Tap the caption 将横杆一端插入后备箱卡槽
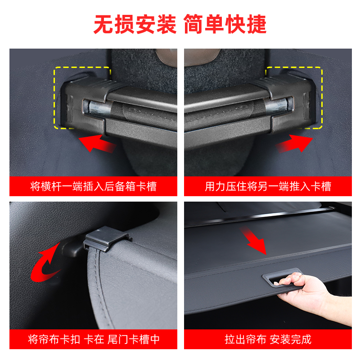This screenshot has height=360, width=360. tap(93, 186)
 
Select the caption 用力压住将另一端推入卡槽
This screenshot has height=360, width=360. tap(268, 186)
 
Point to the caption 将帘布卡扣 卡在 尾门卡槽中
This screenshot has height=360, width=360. tap(93, 339)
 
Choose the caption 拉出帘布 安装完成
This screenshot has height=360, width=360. tap(268, 339)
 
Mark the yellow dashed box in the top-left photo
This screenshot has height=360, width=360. tap(82, 97)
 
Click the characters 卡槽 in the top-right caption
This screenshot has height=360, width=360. tap(321, 186)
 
